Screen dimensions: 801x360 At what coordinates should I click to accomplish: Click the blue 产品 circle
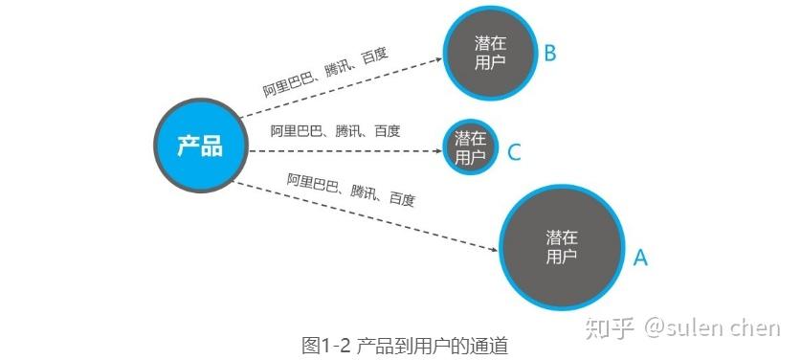point(201,146)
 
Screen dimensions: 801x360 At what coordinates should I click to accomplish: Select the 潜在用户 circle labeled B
point(490,53)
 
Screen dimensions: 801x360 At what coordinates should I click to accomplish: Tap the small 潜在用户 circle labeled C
point(470,147)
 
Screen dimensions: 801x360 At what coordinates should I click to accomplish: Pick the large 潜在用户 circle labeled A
point(562,247)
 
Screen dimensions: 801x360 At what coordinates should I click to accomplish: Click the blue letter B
point(550,54)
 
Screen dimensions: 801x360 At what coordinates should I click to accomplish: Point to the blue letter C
point(515,152)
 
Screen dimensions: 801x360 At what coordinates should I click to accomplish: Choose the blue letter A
point(640,258)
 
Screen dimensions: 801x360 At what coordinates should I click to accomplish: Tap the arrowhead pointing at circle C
point(438,151)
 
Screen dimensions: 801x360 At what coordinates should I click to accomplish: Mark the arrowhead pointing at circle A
point(494,250)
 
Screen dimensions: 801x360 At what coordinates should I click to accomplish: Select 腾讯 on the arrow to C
point(348,131)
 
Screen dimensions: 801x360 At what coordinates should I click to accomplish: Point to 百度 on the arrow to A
point(402,199)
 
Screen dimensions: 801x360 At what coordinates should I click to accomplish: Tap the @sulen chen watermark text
point(712,327)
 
